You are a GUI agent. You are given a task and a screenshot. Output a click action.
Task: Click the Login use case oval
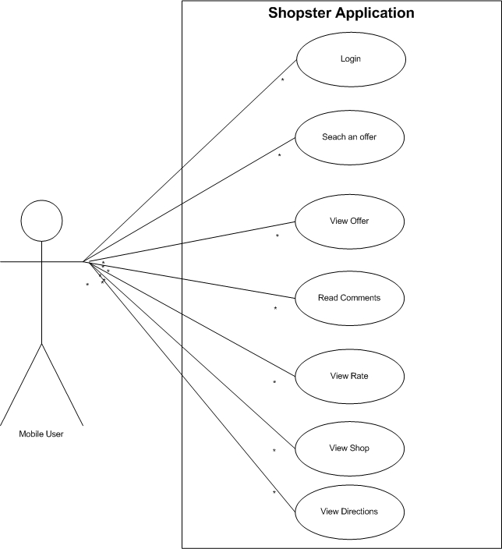[351, 59]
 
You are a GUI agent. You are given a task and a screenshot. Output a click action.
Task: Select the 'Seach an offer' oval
[350, 137]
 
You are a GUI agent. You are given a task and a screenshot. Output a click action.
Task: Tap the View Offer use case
[350, 221]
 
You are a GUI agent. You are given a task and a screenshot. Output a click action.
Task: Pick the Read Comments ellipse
[350, 299]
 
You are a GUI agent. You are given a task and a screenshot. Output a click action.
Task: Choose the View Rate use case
[350, 377]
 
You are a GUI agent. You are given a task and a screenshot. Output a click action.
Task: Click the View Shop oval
[350, 448]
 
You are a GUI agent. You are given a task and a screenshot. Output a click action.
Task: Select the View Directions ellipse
[350, 512]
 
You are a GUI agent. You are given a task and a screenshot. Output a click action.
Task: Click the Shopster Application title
[341, 13]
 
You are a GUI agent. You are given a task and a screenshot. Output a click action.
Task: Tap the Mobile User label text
[41, 434]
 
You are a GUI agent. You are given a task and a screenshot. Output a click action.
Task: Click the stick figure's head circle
[41, 221]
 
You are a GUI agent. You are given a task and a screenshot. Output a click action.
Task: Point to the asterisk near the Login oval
[282, 80]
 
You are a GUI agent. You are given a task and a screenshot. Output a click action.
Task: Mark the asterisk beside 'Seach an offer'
[279, 154]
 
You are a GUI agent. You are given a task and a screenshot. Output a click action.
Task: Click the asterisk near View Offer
[278, 236]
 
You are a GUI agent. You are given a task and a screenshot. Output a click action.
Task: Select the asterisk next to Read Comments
[275, 308]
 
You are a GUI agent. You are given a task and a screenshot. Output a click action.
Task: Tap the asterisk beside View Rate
[274, 382]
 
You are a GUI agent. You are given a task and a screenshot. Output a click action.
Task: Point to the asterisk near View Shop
[274, 450]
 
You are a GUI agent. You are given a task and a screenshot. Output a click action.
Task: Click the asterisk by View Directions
[274, 492]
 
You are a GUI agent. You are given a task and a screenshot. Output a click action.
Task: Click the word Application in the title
[375, 13]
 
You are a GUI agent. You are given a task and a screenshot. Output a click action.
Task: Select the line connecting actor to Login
[189, 161]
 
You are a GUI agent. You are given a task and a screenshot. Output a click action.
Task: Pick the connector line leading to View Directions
[192, 387]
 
